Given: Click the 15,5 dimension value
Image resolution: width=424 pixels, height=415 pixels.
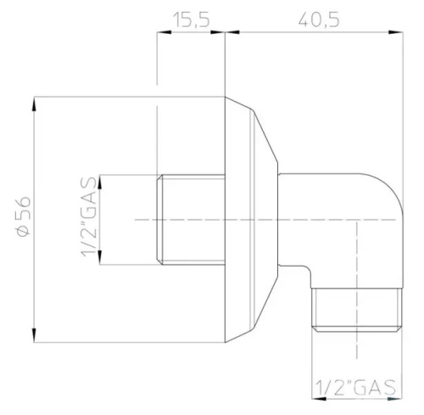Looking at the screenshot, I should [x=192, y=19].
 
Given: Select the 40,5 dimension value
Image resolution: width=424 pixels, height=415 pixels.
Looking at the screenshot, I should [x=314, y=19].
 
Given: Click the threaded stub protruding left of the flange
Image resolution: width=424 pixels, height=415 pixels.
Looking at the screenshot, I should [x=192, y=220].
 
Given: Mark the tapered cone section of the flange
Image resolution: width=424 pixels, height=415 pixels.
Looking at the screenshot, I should [x=263, y=220].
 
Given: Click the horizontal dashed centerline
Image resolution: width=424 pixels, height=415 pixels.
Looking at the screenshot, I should [x=254, y=220].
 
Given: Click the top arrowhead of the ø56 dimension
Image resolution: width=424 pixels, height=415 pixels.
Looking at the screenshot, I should [x=34, y=101].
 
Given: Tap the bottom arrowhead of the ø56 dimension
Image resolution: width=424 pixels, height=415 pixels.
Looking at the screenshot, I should [x=34, y=338].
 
